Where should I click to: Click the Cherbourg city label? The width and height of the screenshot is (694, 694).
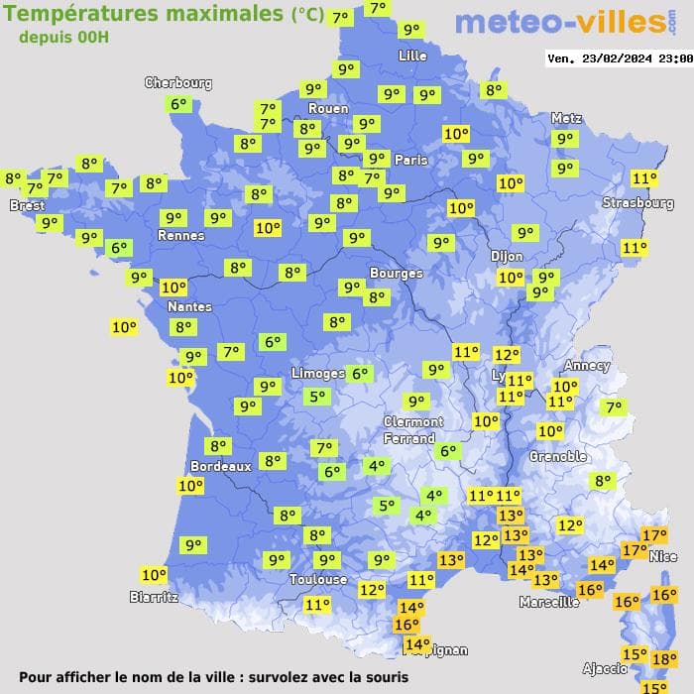[x=178, y=83]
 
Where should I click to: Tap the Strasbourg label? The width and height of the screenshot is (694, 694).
[x=637, y=203]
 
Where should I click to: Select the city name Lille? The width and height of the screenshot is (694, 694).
[x=412, y=56]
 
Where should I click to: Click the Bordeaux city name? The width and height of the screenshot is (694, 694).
[x=220, y=466]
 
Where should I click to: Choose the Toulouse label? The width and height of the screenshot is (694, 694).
[x=318, y=579]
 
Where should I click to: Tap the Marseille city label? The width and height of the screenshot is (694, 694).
[x=549, y=602]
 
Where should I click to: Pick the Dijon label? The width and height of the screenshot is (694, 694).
[x=507, y=256]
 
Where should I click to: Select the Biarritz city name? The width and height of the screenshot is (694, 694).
[x=154, y=597]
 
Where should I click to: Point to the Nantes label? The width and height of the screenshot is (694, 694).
[x=189, y=306]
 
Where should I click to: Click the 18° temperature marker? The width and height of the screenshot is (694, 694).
[x=664, y=658]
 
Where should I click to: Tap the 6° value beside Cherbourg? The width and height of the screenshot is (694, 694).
[x=178, y=104]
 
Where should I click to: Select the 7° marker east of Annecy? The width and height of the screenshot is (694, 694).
[x=615, y=406]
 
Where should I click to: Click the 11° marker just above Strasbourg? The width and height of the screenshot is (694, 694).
[x=644, y=179]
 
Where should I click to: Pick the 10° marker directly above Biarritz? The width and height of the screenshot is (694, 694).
[x=154, y=575]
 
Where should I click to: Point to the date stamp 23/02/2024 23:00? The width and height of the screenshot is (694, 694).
[x=619, y=58]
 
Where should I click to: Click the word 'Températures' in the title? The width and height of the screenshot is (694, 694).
[x=84, y=14]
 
